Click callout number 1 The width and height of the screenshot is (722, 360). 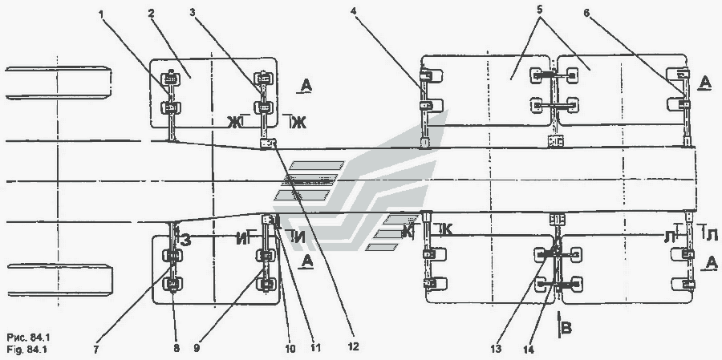click(x=101, y=14)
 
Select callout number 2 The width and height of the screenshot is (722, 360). click(x=151, y=14)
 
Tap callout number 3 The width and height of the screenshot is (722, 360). click(x=193, y=14)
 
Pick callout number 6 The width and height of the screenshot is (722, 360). click(x=586, y=13)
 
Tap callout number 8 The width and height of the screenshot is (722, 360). click(x=176, y=350)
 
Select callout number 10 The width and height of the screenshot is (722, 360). click(x=291, y=349)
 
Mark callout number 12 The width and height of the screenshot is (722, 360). click(x=354, y=346)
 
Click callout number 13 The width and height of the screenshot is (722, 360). click(x=496, y=350)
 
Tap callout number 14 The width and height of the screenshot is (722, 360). click(x=528, y=350)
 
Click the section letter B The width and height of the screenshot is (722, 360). click(x=567, y=328)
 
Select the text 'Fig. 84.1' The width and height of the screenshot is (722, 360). click(x=27, y=349)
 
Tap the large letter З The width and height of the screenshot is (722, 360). click(x=185, y=241)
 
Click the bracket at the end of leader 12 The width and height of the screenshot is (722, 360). click(x=268, y=144)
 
